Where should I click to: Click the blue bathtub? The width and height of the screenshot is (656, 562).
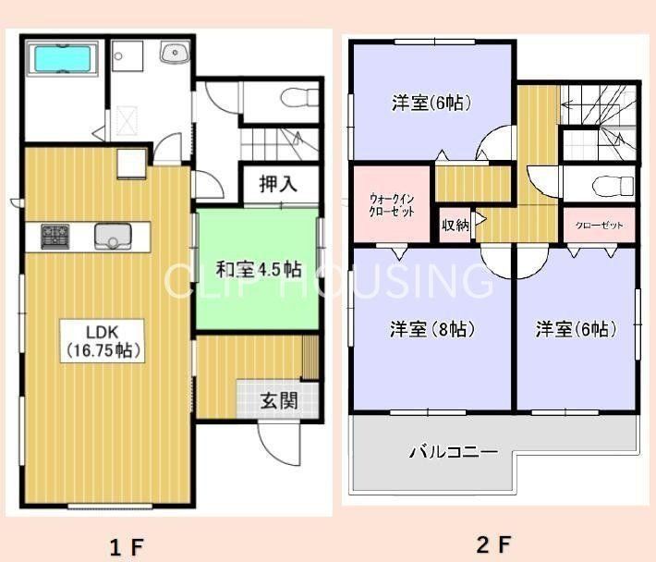coord(63,58)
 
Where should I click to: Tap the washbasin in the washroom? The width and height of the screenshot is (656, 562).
coord(175,54)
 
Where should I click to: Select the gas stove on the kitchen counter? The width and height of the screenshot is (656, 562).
coord(55,237)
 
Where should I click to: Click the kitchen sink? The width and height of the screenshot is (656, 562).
coord(113,237)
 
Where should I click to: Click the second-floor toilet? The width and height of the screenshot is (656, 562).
coord(613,186)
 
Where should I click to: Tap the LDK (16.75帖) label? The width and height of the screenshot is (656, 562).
coord(103,341)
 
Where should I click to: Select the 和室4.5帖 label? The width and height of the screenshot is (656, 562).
coord(259,270)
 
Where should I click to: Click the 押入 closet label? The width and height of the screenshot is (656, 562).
coord(278,184)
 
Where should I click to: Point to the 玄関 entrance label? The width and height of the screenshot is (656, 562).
coord(279,400)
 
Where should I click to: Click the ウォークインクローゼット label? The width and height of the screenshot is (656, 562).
coord(392,204)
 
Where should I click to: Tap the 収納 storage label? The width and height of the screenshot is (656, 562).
coord(456,226)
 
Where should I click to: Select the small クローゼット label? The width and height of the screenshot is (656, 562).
coord(599,226)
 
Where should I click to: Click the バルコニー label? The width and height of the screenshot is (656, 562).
coord(454,451)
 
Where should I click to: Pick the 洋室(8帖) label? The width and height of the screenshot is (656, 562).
coord(432,329)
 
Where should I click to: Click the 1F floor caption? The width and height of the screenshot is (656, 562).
coord(127,545)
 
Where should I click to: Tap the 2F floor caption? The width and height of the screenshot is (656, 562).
coord(493,544)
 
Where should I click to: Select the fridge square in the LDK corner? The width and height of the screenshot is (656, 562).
coord(131,164)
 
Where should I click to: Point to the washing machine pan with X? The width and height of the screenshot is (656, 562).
coord(127,121)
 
